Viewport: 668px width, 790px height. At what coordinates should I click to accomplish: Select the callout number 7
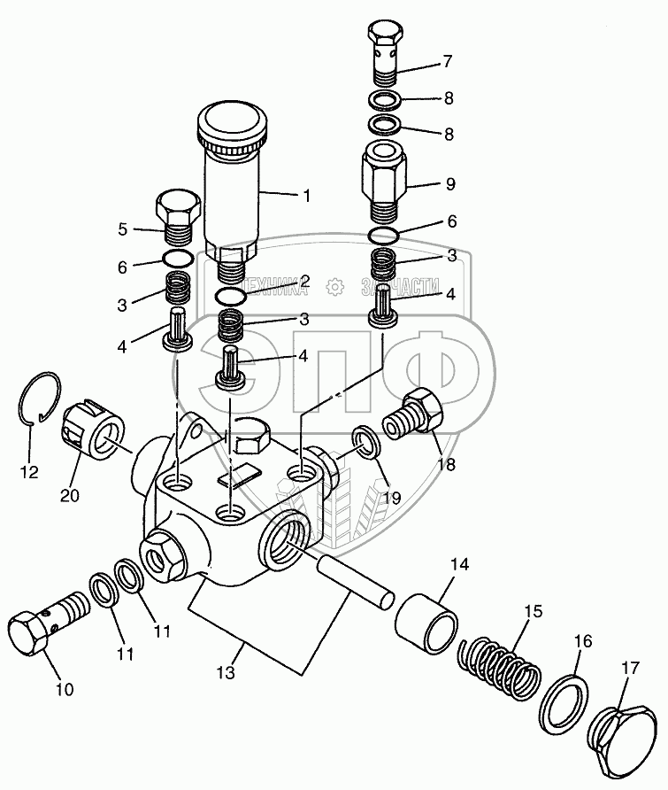(448, 61)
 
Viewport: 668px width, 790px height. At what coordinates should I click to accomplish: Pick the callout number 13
(227, 673)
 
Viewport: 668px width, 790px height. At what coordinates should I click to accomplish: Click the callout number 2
(304, 282)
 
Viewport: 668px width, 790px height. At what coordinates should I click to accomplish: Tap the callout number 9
(450, 185)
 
